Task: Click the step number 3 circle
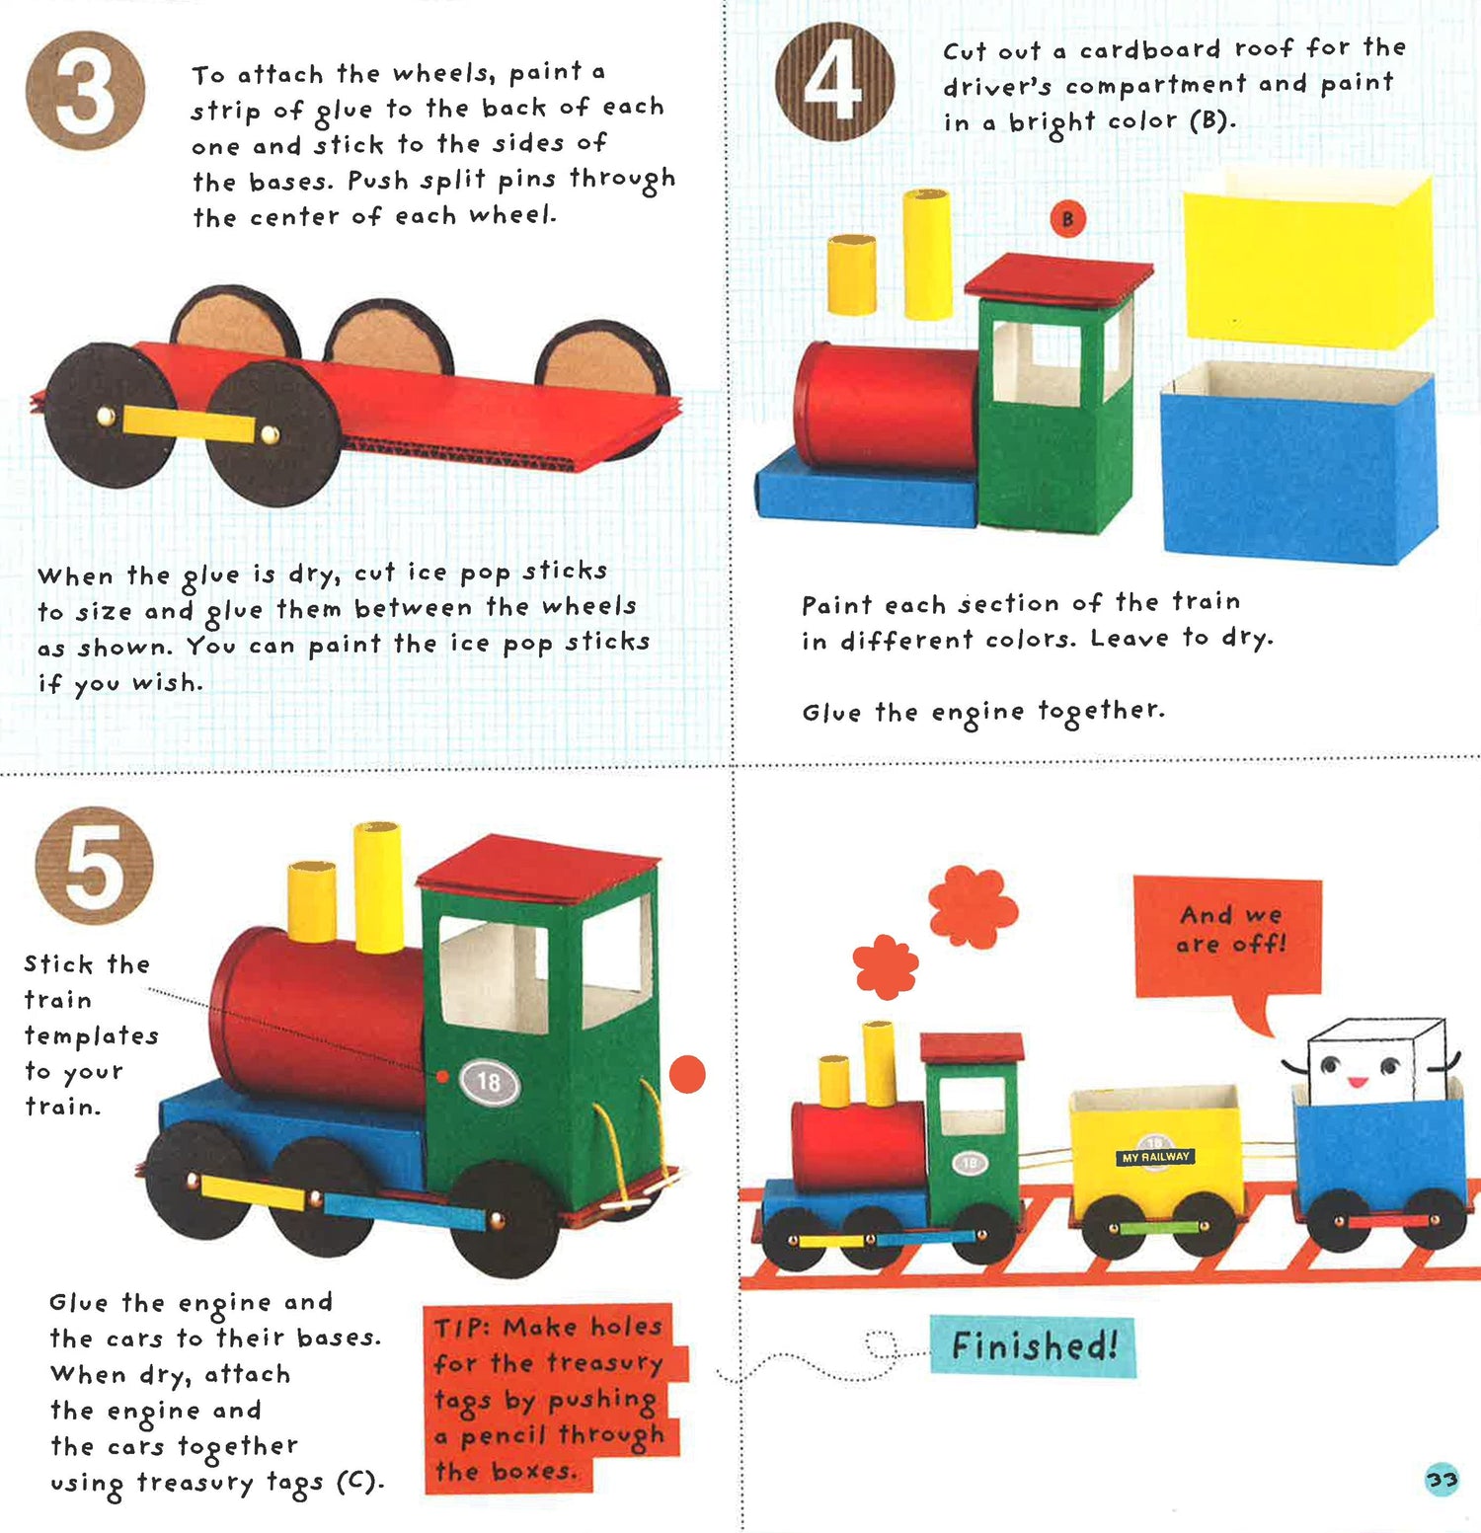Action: (x=85, y=91)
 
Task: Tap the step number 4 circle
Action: (x=835, y=81)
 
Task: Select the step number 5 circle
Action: (x=95, y=866)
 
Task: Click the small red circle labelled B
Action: (x=1067, y=218)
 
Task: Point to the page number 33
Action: (x=1442, y=1479)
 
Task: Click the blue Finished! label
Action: (x=1033, y=1345)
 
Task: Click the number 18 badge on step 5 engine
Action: (x=489, y=1082)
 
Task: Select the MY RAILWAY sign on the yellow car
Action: (x=1155, y=1156)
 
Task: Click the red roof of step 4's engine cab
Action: (x=1058, y=277)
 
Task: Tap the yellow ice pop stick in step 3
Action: (x=187, y=424)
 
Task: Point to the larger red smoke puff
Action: (x=973, y=906)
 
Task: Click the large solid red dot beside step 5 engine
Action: (x=687, y=1074)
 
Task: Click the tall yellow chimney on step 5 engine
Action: (x=378, y=886)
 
